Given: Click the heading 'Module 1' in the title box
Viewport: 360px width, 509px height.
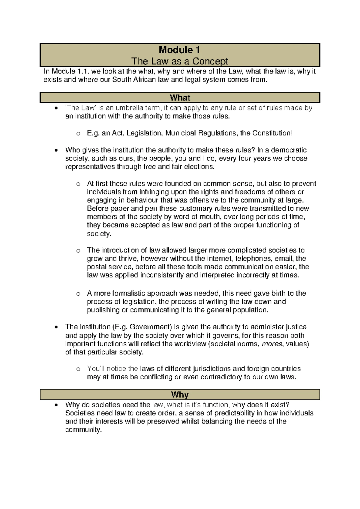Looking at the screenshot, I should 179,50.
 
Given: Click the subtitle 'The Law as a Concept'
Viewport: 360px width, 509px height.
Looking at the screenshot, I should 180,61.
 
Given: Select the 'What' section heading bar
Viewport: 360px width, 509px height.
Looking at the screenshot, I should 180,98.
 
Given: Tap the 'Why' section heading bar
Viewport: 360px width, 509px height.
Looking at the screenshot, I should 180,394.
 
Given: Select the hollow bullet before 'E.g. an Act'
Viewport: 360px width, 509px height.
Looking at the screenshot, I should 78,134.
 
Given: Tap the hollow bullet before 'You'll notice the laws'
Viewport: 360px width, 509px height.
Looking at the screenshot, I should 78,369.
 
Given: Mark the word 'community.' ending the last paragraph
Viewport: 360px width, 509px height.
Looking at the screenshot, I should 83,430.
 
